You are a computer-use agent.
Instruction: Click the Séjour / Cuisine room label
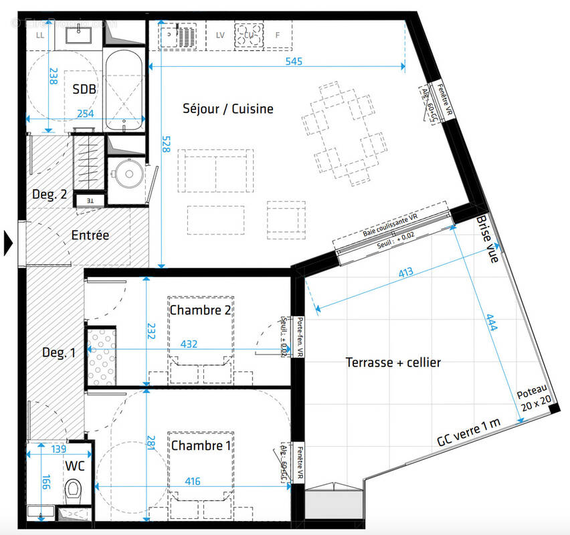point(228,108)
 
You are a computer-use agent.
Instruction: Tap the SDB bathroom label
point(85,89)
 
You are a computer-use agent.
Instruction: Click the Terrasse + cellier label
point(393,362)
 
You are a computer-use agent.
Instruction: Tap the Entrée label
point(90,235)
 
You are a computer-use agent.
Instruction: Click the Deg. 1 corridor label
point(59,353)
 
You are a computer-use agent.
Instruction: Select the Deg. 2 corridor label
point(50,195)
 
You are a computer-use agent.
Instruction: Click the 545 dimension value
point(294,62)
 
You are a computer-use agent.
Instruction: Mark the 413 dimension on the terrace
point(405,272)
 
